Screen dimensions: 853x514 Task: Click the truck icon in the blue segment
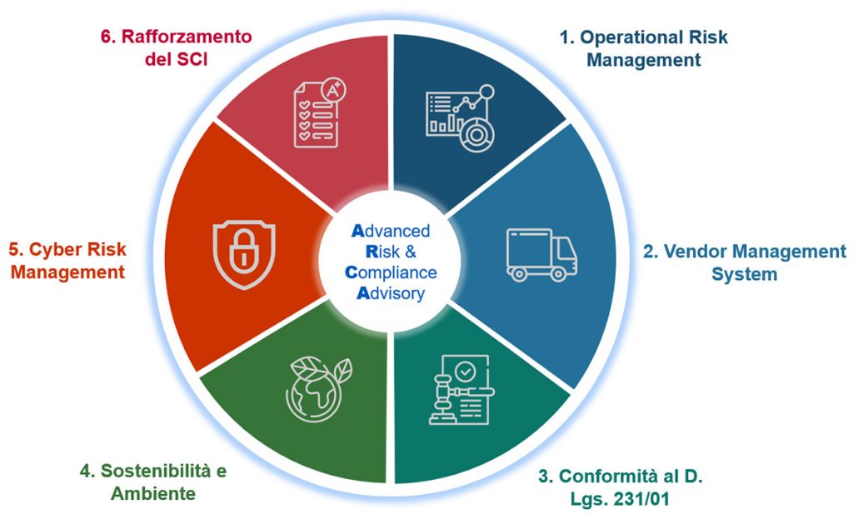coord(541,255)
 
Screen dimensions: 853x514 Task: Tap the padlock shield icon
coord(244,253)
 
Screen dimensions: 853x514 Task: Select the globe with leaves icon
coord(318,389)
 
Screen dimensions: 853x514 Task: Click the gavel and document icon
coord(461,389)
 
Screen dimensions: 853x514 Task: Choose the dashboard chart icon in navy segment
coord(460,118)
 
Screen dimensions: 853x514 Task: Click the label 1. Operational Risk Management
coord(644,48)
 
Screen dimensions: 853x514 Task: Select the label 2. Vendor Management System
coord(744,262)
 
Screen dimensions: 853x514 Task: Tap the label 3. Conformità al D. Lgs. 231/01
coord(620,487)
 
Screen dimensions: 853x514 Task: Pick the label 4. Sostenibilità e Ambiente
coord(153,482)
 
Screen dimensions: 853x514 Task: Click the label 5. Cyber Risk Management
coord(67,261)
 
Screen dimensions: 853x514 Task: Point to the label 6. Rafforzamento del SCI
coord(177,47)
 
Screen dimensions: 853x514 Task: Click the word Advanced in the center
coord(391,231)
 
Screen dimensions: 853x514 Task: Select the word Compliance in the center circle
coord(391,272)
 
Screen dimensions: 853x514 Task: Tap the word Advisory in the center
coord(391,293)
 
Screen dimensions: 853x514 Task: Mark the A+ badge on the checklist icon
coord(333,90)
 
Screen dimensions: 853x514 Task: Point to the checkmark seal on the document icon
coord(465,372)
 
